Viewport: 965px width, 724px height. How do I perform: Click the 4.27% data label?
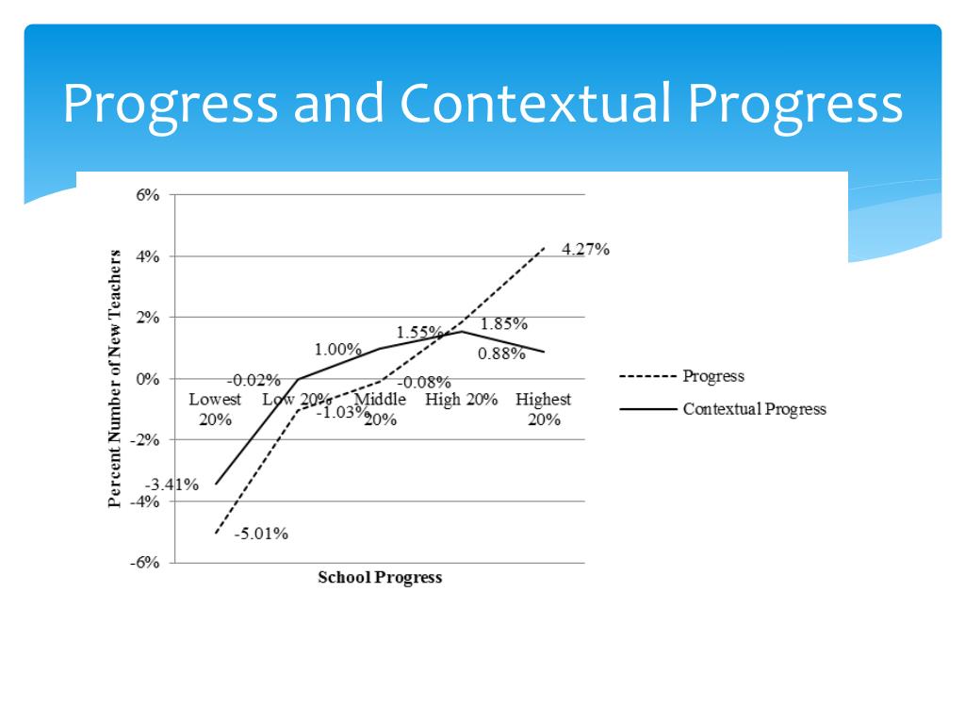coord(585,250)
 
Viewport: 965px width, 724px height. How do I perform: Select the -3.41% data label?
coord(172,485)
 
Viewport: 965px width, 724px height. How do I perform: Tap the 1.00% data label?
coord(337,350)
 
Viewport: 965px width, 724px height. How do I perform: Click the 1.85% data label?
coord(503,324)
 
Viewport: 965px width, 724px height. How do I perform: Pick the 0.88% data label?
coord(501,354)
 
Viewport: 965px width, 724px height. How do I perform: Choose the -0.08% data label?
coord(424,383)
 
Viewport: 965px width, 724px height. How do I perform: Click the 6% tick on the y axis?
coord(150,195)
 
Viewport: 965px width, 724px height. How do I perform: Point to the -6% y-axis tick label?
coord(147,563)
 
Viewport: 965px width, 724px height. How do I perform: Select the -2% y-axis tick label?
coord(147,440)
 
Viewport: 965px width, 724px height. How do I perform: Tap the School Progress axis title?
coord(379,578)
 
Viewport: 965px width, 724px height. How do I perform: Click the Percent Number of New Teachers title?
coord(115,379)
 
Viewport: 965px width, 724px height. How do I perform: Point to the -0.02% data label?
coord(254,381)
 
